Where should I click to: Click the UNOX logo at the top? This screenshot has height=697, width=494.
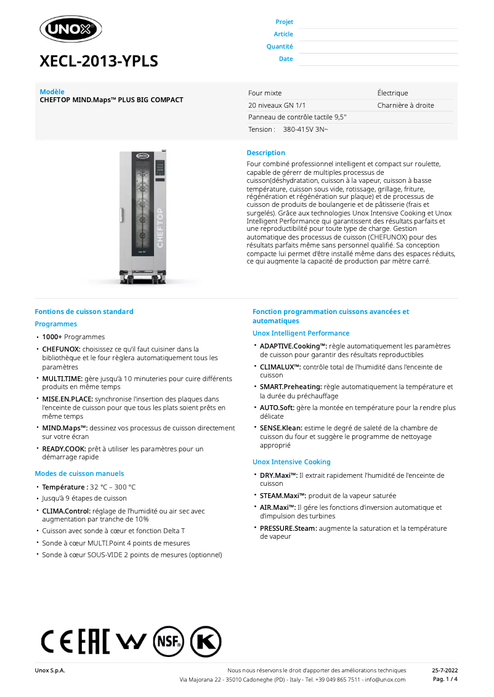[x=70, y=29]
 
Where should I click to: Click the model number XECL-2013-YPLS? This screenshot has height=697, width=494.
[x=99, y=61]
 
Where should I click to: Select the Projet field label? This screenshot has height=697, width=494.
[x=284, y=22]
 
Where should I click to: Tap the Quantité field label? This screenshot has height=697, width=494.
[x=280, y=47]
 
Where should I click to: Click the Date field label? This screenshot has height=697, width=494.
[x=286, y=59]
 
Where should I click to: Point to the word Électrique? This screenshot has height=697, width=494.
[x=392, y=93]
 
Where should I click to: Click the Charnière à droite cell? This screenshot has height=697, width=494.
[x=405, y=105]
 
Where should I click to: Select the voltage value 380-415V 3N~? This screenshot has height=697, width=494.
[x=306, y=129]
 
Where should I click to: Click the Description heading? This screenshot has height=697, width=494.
[x=265, y=153]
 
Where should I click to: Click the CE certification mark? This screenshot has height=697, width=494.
[x=57, y=642]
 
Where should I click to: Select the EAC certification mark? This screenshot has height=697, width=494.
[x=94, y=642]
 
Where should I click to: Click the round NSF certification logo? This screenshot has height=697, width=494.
[x=169, y=642]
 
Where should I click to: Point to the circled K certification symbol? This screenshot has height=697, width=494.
[x=206, y=642]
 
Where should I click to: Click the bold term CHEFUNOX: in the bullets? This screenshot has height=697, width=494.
[x=61, y=349]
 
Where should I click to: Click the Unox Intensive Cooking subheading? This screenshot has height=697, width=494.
[x=291, y=462]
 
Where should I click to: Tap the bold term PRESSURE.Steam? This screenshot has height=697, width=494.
[x=288, y=528]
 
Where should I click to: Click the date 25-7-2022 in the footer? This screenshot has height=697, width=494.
[x=445, y=671]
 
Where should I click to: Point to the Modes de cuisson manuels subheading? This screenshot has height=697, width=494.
[x=79, y=473]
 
